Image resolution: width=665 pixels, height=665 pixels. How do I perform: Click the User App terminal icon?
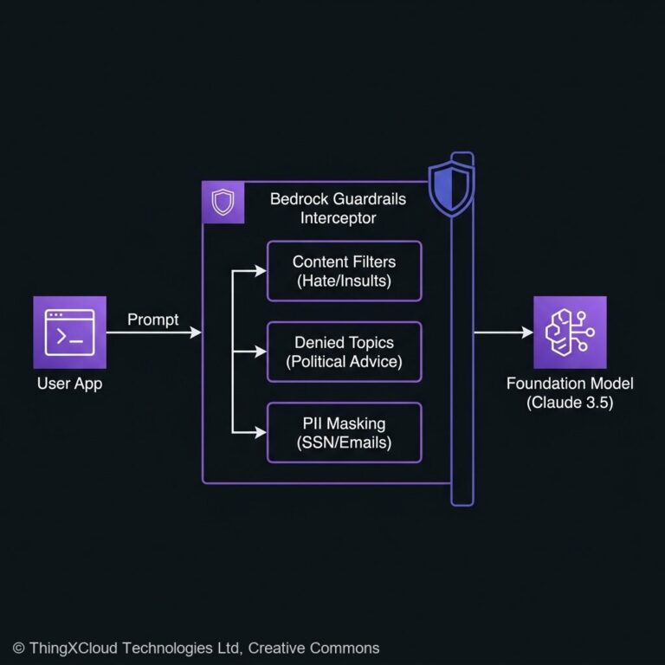pyautogui.click(x=69, y=332)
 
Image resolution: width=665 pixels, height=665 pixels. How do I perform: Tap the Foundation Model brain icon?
pyautogui.click(x=569, y=332)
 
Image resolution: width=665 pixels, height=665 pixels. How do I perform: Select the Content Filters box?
pyautogui.click(x=345, y=271)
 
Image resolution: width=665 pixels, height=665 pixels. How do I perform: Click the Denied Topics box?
pyautogui.click(x=345, y=352)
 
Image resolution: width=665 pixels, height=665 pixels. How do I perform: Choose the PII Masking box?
pyautogui.click(x=345, y=432)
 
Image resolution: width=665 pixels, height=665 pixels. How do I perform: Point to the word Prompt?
pyautogui.click(x=153, y=320)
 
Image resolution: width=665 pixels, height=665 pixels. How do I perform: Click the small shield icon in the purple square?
pyautogui.click(x=223, y=203)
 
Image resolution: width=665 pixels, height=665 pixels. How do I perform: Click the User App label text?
pyautogui.click(x=69, y=383)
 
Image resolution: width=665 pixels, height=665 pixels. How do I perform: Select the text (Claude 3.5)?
pyautogui.click(x=569, y=403)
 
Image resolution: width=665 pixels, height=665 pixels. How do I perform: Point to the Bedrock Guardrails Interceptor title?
pyautogui.click(x=338, y=208)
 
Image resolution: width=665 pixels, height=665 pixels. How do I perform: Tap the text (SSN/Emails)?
pyautogui.click(x=345, y=442)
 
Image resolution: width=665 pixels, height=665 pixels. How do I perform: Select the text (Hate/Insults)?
pyautogui.click(x=345, y=281)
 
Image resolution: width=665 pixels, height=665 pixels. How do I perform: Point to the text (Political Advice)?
pyautogui.click(x=345, y=361)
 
